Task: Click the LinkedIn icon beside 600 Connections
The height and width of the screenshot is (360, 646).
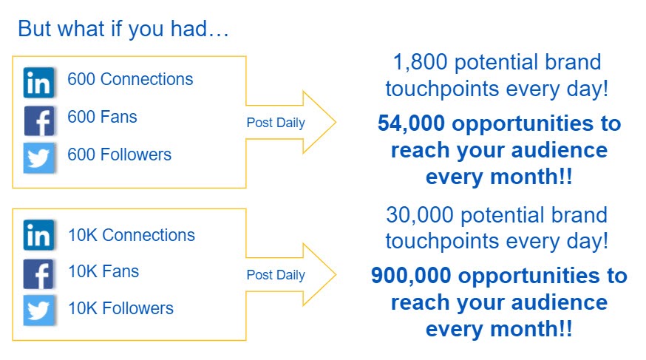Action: coord(38,82)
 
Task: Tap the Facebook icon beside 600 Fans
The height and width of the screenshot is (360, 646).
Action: coord(38,120)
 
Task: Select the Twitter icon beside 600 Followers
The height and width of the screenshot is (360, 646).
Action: coord(38,157)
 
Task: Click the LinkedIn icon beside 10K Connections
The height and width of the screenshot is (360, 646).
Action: coord(38,235)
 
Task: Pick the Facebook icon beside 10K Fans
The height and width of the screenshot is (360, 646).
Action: coord(38,274)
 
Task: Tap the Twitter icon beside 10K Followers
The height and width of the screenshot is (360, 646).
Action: coord(38,310)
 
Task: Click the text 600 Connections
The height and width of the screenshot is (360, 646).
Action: coord(130,79)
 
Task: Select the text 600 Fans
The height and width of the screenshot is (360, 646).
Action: coord(102,117)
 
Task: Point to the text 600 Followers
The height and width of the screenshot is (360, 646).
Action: coord(120,155)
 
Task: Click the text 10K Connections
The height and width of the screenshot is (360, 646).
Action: coord(132,235)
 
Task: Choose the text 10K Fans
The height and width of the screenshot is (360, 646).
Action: coord(103,272)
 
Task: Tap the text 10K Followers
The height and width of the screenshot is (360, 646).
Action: coord(121,308)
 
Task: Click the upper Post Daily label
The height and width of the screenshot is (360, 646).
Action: coord(276,123)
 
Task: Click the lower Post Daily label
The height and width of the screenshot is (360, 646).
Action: coord(276,275)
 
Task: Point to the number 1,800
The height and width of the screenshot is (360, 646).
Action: coord(421,62)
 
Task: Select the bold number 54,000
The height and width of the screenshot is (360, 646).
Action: coord(411,123)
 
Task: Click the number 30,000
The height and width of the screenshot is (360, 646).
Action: coord(420,215)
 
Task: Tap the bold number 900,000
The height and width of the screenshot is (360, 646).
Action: coord(411,276)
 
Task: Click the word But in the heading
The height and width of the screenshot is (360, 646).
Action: coord(35,29)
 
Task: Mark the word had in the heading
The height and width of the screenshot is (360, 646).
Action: coord(188,29)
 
